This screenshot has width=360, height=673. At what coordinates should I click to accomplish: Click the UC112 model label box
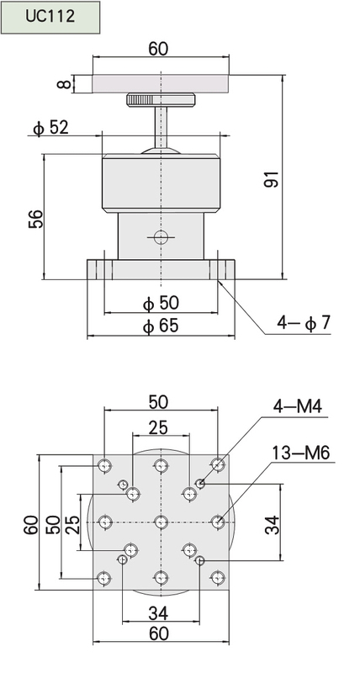coord(50,17)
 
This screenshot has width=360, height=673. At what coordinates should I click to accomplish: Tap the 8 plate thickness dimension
coord(64,82)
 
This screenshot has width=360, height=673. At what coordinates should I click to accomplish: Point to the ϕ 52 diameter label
coord(50,128)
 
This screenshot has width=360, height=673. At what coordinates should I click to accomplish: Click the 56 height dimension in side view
coord(36,219)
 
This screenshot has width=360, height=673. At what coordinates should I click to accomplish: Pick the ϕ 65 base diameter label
coord(161,326)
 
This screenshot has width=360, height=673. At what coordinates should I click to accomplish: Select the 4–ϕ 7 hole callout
coord(304,323)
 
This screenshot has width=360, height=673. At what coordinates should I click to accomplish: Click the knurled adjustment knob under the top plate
coord(161,100)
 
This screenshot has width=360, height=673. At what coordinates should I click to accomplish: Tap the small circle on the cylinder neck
coord(161,236)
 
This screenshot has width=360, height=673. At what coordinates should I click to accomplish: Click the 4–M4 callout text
coord(298,406)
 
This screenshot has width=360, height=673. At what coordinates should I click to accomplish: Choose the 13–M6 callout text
coord(301,453)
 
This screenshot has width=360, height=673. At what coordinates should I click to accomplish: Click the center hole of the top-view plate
coord(161,522)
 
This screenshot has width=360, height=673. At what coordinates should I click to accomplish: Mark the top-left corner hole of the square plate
coord(104,465)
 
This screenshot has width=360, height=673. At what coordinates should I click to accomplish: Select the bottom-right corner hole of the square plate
coord(218,578)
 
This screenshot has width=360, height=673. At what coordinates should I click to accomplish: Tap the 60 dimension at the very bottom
coord(159,633)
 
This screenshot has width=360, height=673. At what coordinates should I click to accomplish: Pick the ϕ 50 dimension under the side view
coord(161,303)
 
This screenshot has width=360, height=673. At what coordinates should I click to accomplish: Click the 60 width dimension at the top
coord(158,49)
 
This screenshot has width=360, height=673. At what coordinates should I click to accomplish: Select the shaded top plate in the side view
coord(161,83)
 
